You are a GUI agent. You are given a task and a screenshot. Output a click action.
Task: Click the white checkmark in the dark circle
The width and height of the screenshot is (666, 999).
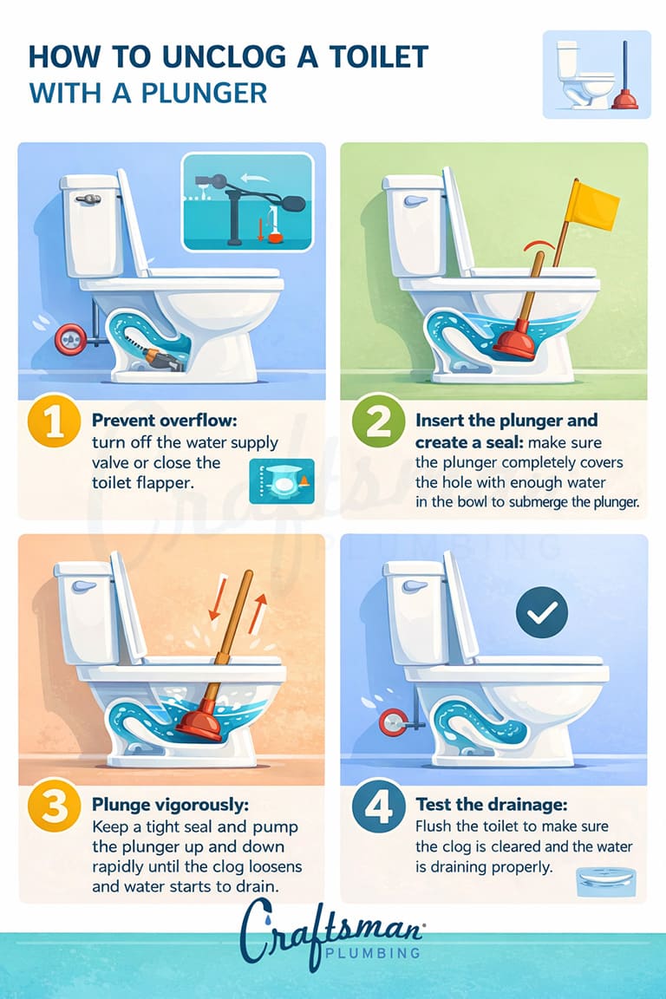pyautogui.click(x=541, y=614)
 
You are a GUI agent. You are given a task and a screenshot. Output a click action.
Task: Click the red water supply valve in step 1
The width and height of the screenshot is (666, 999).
pyautogui.click(x=67, y=339)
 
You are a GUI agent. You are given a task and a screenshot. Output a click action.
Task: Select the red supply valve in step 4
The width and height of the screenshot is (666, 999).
pyautogui.click(x=393, y=719)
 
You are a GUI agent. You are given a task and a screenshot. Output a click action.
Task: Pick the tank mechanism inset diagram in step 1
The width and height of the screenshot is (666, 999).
pyautogui.click(x=247, y=202)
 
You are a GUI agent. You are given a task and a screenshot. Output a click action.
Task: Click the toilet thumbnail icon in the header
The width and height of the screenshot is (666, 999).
pyautogui.click(x=597, y=75)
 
